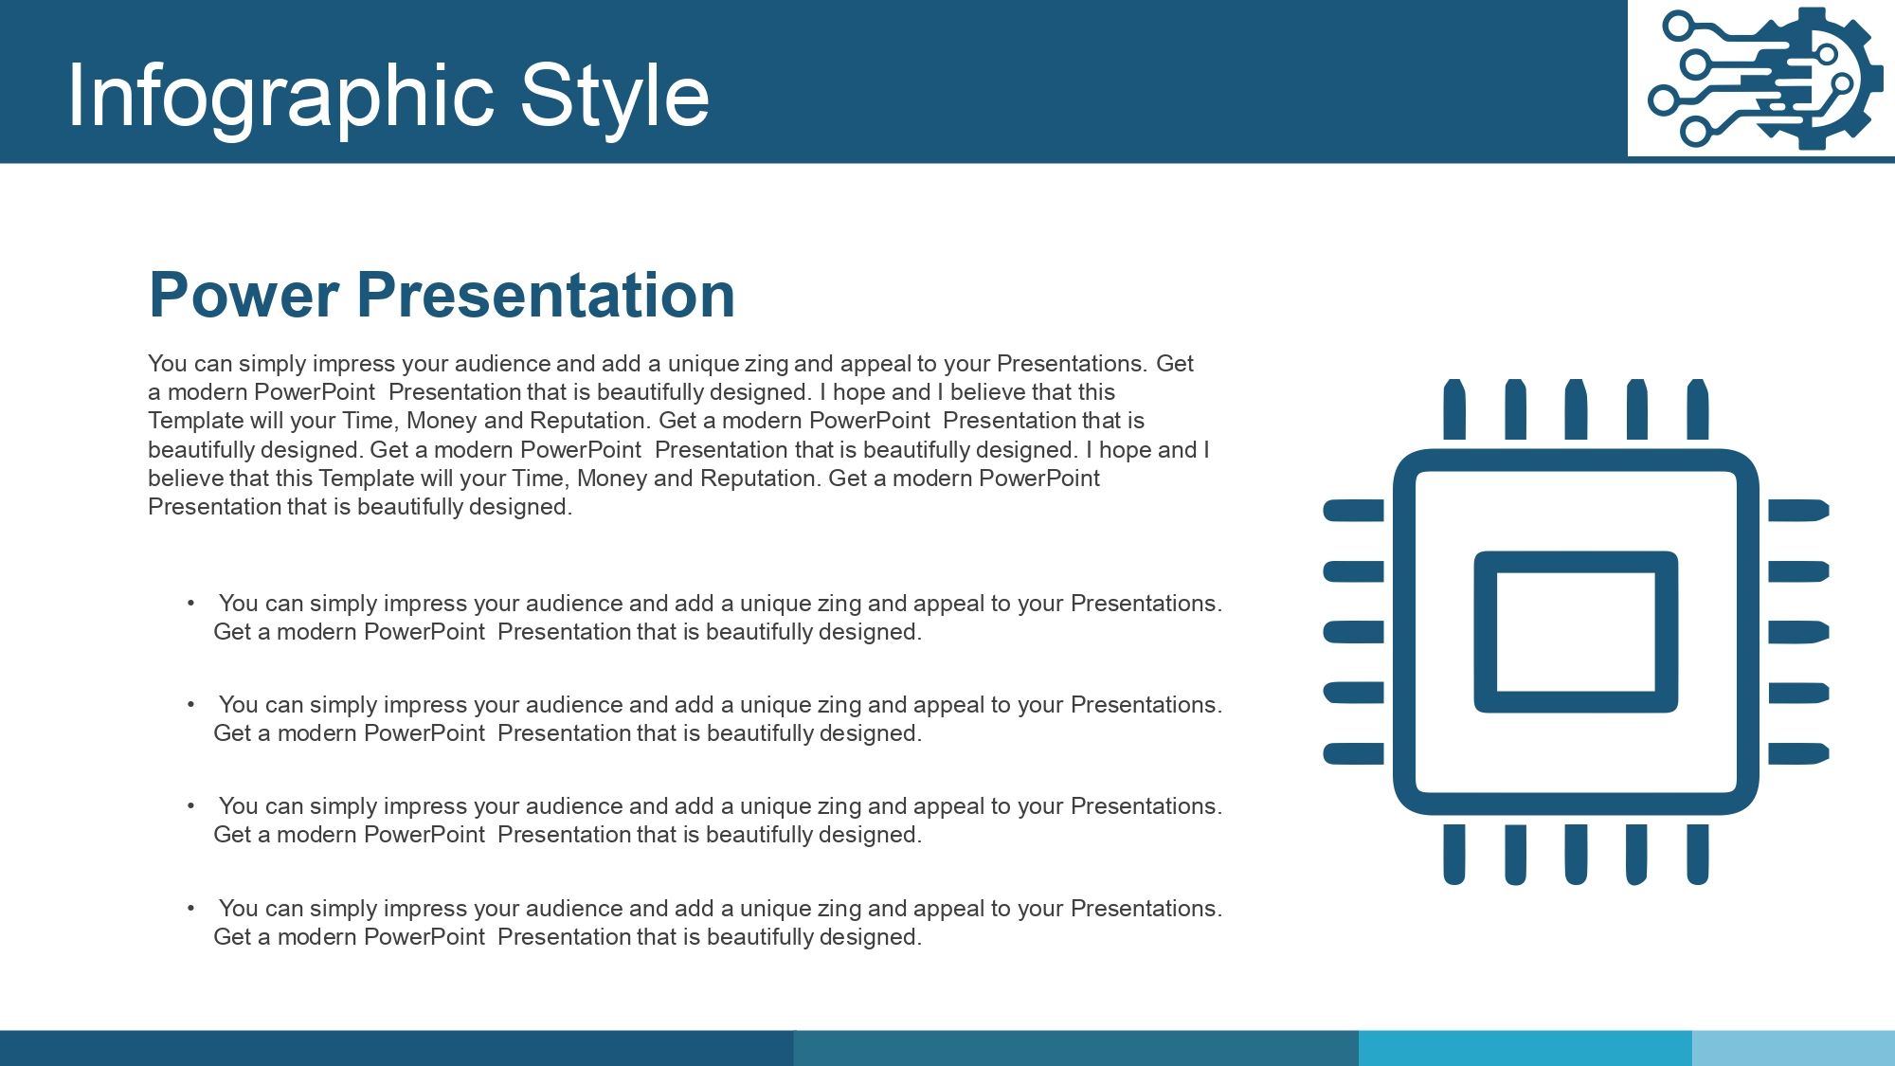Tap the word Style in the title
tap(615, 97)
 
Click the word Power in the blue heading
tap(244, 295)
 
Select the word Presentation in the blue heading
tap(546, 295)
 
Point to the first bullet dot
tap(190, 603)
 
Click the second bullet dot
tap(190, 704)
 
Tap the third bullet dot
tap(190, 805)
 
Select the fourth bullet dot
tap(190, 908)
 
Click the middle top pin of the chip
tap(1576, 409)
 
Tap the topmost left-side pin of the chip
tap(1353, 511)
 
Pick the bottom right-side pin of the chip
tap(1798, 753)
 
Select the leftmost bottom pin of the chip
tap(1454, 855)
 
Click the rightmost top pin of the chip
tap(1698, 409)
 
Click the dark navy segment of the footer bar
tap(396, 1048)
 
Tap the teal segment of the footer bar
tap(1075, 1048)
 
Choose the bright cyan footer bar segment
tap(1525, 1048)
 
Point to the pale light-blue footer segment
tap(1794, 1048)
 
